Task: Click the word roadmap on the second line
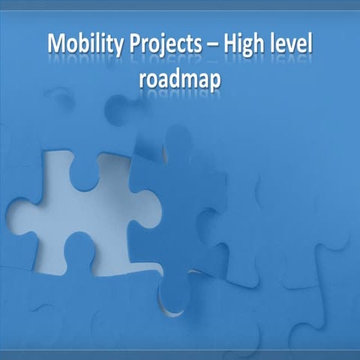click(x=180, y=79)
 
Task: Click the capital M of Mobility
click(x=57, y=46)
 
